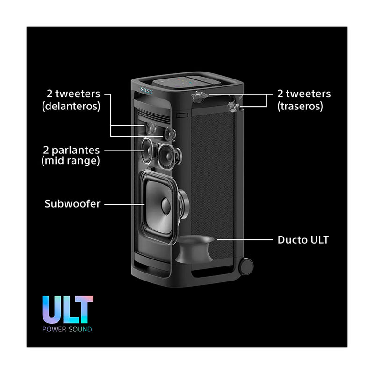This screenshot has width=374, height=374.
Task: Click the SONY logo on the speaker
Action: [146, 91]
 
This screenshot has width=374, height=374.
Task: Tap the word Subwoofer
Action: [72, 204]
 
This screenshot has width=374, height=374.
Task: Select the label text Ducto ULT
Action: [303, 240]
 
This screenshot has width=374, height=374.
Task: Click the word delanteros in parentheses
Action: [72, 107]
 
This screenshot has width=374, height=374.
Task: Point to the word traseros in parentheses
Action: [300, 107]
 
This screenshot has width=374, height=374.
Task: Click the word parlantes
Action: [76, 151]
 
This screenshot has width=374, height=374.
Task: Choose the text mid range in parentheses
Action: [71, 161]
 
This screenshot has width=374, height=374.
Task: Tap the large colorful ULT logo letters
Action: [68, 309]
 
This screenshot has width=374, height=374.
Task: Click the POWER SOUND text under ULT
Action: [67, 330]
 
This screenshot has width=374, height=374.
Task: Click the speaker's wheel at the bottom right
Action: [246, 266]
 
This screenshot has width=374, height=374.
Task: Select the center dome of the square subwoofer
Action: [166, 206]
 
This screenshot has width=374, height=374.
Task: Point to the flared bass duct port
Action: [195, 249]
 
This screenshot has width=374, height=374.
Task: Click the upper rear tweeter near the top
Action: [199, 96]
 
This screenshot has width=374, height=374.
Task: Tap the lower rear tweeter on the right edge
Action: [233, 106]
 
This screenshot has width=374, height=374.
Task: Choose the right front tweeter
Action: [170, 134]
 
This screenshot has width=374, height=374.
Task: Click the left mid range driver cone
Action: [147, 150]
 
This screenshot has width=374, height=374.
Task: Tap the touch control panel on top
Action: [187, 83]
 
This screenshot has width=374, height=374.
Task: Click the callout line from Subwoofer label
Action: [124, 204]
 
